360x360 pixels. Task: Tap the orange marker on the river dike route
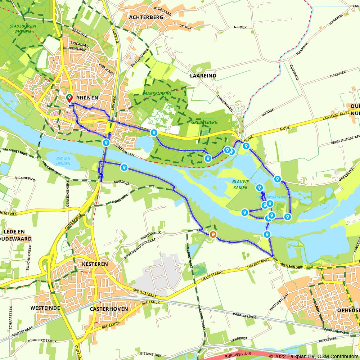point(213,235)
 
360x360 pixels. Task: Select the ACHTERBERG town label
point(146,17)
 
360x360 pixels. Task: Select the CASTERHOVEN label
point(104,309)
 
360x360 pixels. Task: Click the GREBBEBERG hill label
point(204,122)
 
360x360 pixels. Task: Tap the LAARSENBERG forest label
point(157,94)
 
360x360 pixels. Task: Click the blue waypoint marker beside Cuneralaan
point(106,143)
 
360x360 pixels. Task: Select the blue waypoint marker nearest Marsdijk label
point(124,167)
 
